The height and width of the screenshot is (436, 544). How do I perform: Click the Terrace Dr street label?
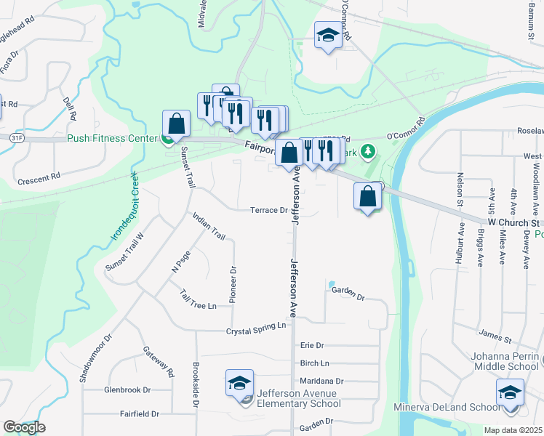[x=269, y=211]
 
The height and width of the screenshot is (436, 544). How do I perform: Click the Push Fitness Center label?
[x=112, y=138]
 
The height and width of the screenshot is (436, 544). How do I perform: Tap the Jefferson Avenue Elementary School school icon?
[x=239, y=383]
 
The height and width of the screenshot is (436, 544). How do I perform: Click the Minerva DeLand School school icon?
[x=510, y=394]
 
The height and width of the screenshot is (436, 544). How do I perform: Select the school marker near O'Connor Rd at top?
[x=328, y=34]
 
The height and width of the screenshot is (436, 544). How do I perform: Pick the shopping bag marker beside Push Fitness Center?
[x=177, y=124]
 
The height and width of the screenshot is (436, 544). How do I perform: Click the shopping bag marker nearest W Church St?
[x=369, y=196]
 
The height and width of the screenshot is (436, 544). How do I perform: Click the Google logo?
[x=24, y=427]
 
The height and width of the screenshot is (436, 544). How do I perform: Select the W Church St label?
[x=513, y=222]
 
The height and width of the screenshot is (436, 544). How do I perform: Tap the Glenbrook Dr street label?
[x=127, y=389]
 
